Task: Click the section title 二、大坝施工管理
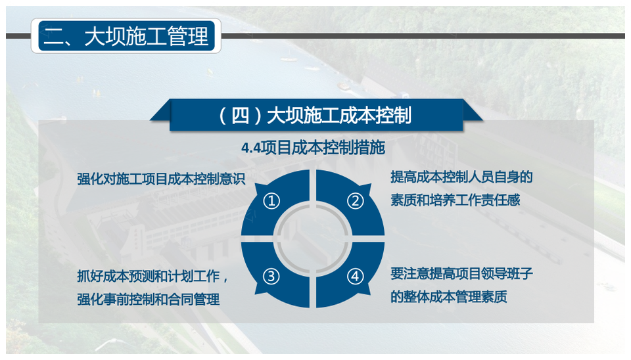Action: (x=126, y=36)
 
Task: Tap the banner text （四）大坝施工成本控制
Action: (x=314, y=116)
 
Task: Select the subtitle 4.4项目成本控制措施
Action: (x=313, y=148)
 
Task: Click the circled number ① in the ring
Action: (x=271, y=201)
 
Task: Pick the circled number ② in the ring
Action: (x=356, y=201)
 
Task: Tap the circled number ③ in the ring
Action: (x=271, y=277)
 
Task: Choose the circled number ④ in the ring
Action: (x=355, y=277)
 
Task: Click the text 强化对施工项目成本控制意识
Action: (x=161, y=179)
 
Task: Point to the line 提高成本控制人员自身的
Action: (x=461, y=177)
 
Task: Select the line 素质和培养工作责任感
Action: (x=455, y=200)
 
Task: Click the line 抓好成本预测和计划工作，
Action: (x=153, y=277)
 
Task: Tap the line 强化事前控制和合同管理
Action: (x=149, y=300)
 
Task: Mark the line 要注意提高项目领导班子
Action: (x=461, y=274)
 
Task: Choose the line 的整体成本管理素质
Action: (x=449, y=297)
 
